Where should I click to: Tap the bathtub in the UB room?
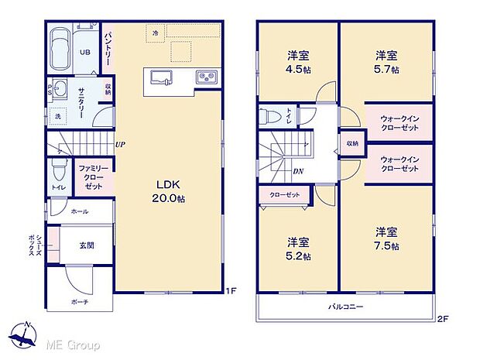tap(61, 50)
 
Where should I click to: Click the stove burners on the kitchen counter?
tap(207, 77)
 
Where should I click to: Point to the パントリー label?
tap(109, 49)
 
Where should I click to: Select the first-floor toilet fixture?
tap(58, 170)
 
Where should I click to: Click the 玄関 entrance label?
tap(87, 245)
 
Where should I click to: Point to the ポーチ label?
tap(80, 300)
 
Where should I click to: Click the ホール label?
tap(79, 211)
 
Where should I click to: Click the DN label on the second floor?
tap(297, 172)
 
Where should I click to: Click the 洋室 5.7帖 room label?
tap(386, 62)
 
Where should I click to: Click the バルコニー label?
tap(345, 307)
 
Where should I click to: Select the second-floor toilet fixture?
tap(271, 116)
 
